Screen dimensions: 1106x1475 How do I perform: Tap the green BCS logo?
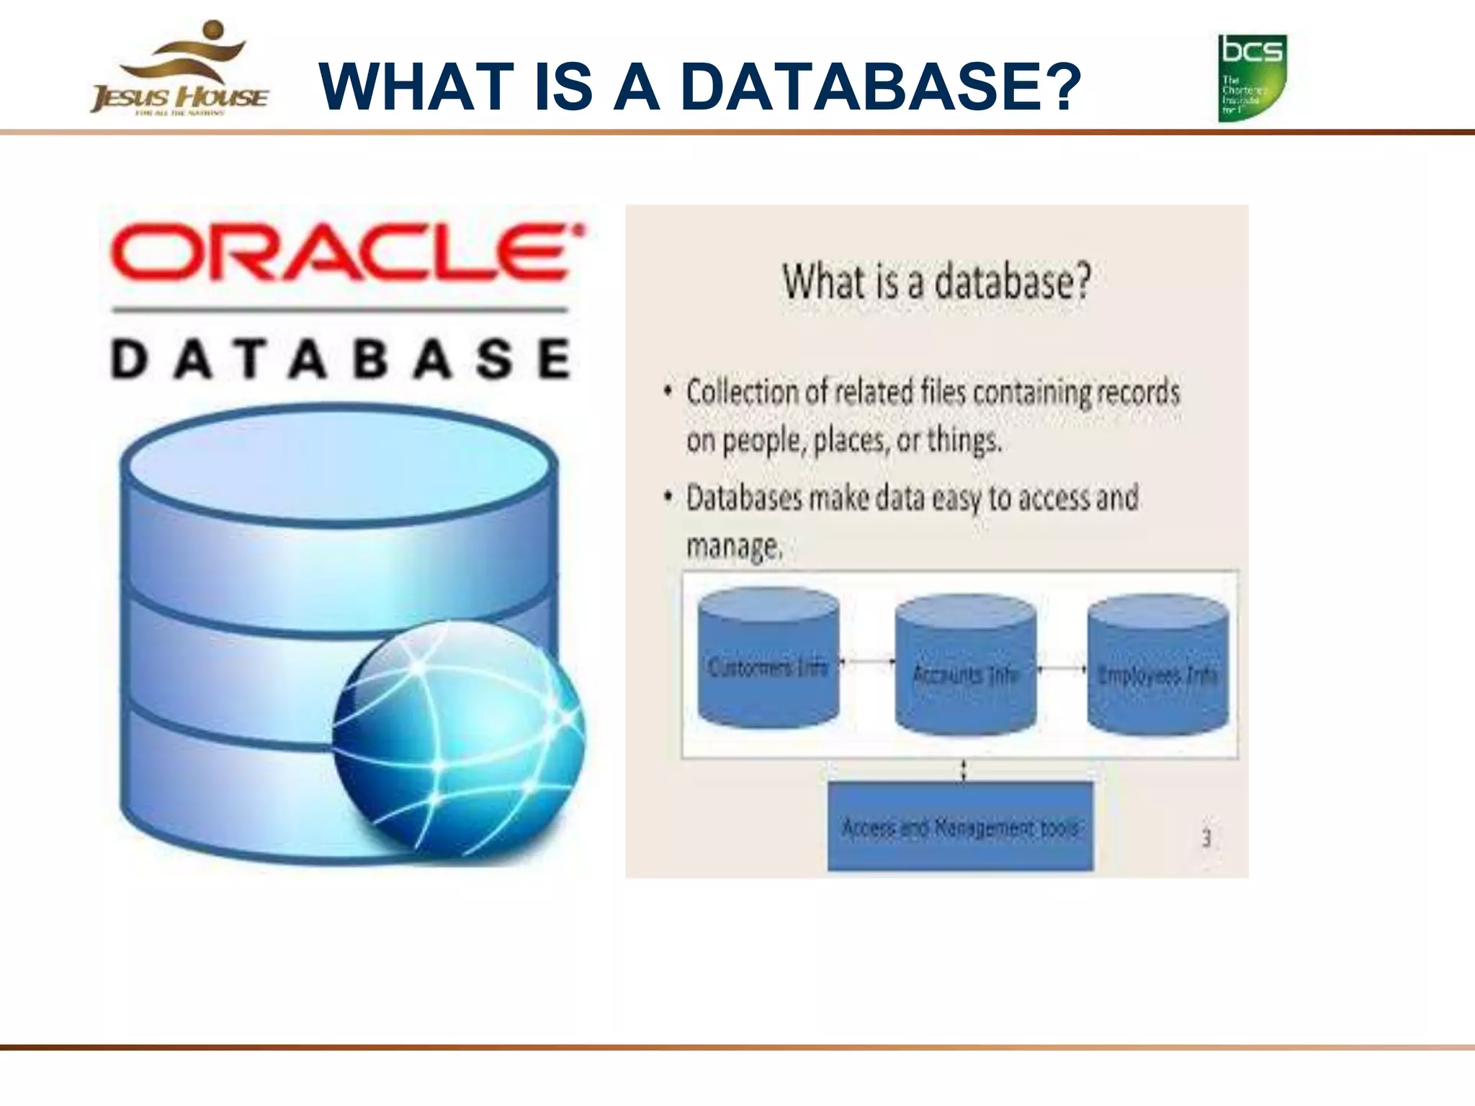pyautogui.click(x=1252, y=78)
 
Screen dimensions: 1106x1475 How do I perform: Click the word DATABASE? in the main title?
pyautogui.click(x=880, y=87)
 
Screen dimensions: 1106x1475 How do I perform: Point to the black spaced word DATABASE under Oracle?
pyautogui.click(x=341, y=359)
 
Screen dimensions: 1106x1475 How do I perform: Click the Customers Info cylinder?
pyautogui.click(x=768, y=659)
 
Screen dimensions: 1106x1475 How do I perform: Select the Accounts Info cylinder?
pyautogui.click(x=965, y=666)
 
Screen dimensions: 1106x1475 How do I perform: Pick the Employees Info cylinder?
pyautogui.click(x=1157, y=666)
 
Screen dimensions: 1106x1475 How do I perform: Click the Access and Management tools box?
pyautogui.click(x=960, y=827)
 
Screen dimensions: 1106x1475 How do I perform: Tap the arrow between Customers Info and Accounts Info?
pyautogui.click(x=867, y=661)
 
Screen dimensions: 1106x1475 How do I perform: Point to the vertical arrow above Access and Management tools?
pyautogui.click(x=964, y=770)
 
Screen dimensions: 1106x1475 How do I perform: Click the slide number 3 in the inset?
pyautogui.click(x=1206, y=837)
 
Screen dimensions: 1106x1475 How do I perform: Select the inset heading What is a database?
pyautogui.click(x=937, y=282)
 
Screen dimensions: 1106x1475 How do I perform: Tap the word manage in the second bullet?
pyautogui.click(x=732, y=546)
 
